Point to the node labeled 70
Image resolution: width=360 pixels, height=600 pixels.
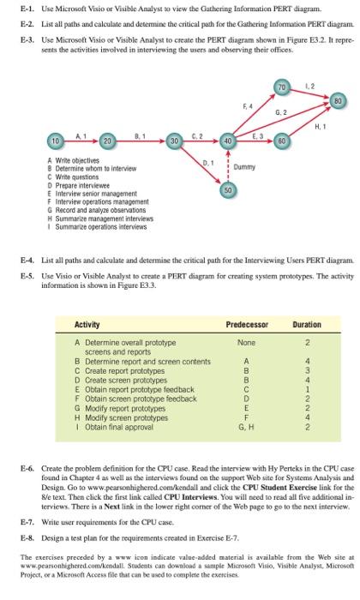(282, 88)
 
